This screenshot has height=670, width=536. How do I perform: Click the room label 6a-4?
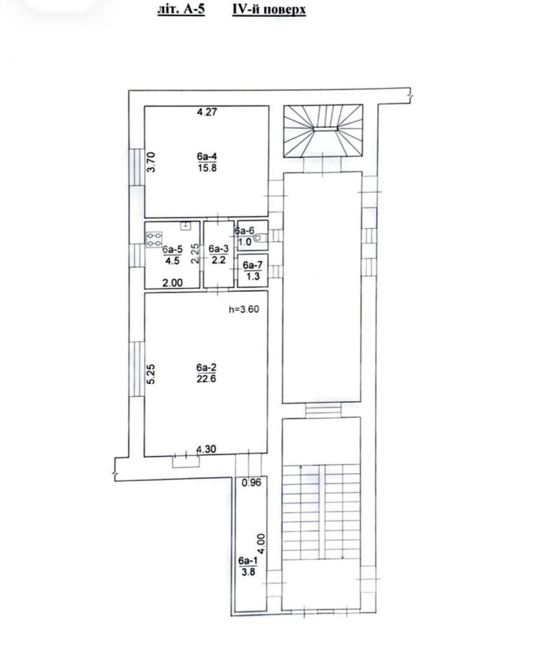[x=206, y=156]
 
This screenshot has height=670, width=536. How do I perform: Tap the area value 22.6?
[x=206, y=379]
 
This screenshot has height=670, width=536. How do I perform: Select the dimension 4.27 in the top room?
[x=207, y=112]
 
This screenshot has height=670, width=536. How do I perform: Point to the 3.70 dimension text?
[x=151, y=162]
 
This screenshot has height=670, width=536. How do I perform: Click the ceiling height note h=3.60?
[x=244, y=309]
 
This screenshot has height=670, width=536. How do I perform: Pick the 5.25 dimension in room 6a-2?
[x=151, y=374]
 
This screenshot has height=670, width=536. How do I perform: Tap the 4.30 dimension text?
[x=206, y=449]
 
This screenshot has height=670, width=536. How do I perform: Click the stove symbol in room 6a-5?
[x=154, y=240]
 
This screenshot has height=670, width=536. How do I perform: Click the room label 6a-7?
[x=253, y=265]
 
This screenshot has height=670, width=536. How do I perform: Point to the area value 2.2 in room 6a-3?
[x=219, y=260]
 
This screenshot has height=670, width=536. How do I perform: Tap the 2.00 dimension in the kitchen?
[x=173, y=283]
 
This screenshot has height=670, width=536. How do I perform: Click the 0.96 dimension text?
[x=252, y=482]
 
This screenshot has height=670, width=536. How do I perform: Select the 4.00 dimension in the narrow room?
[x=262, y=544]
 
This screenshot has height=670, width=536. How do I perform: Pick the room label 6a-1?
[x=248, y=561]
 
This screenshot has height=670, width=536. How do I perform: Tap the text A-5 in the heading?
[x=194, y=9]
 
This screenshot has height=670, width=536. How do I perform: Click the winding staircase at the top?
[x=323, y=131]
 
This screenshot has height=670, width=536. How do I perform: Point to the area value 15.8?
[x=207, y=168]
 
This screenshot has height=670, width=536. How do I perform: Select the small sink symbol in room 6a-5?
[x=186, y=226]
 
